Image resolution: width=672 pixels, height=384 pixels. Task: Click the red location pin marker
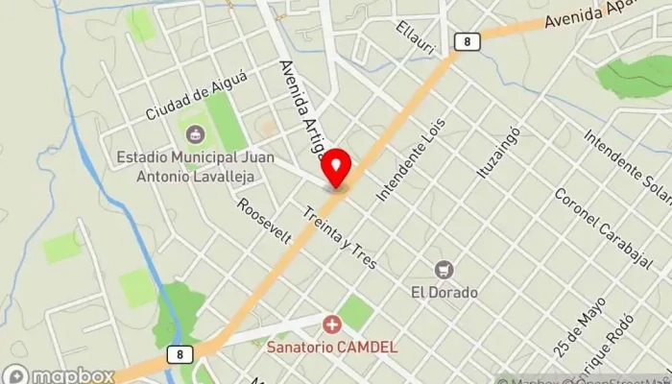(x=336, y=168)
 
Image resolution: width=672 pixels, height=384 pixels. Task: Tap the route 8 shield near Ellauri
(x=466, y=41)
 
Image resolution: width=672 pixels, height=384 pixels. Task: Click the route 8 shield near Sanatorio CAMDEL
(x=179, y=354)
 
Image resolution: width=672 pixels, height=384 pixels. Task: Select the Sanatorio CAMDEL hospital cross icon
(x=332, y=325)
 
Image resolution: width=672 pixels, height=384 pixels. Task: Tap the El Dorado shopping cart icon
(x=444, y=270)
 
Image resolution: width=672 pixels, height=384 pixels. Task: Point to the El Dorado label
(x=444, y=291)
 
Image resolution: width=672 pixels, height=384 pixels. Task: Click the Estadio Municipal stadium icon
(x=195, y=132)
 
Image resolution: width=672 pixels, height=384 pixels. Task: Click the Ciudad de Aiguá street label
(x=191, y=99)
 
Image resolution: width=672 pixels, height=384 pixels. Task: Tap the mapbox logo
(x=58, y=374)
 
